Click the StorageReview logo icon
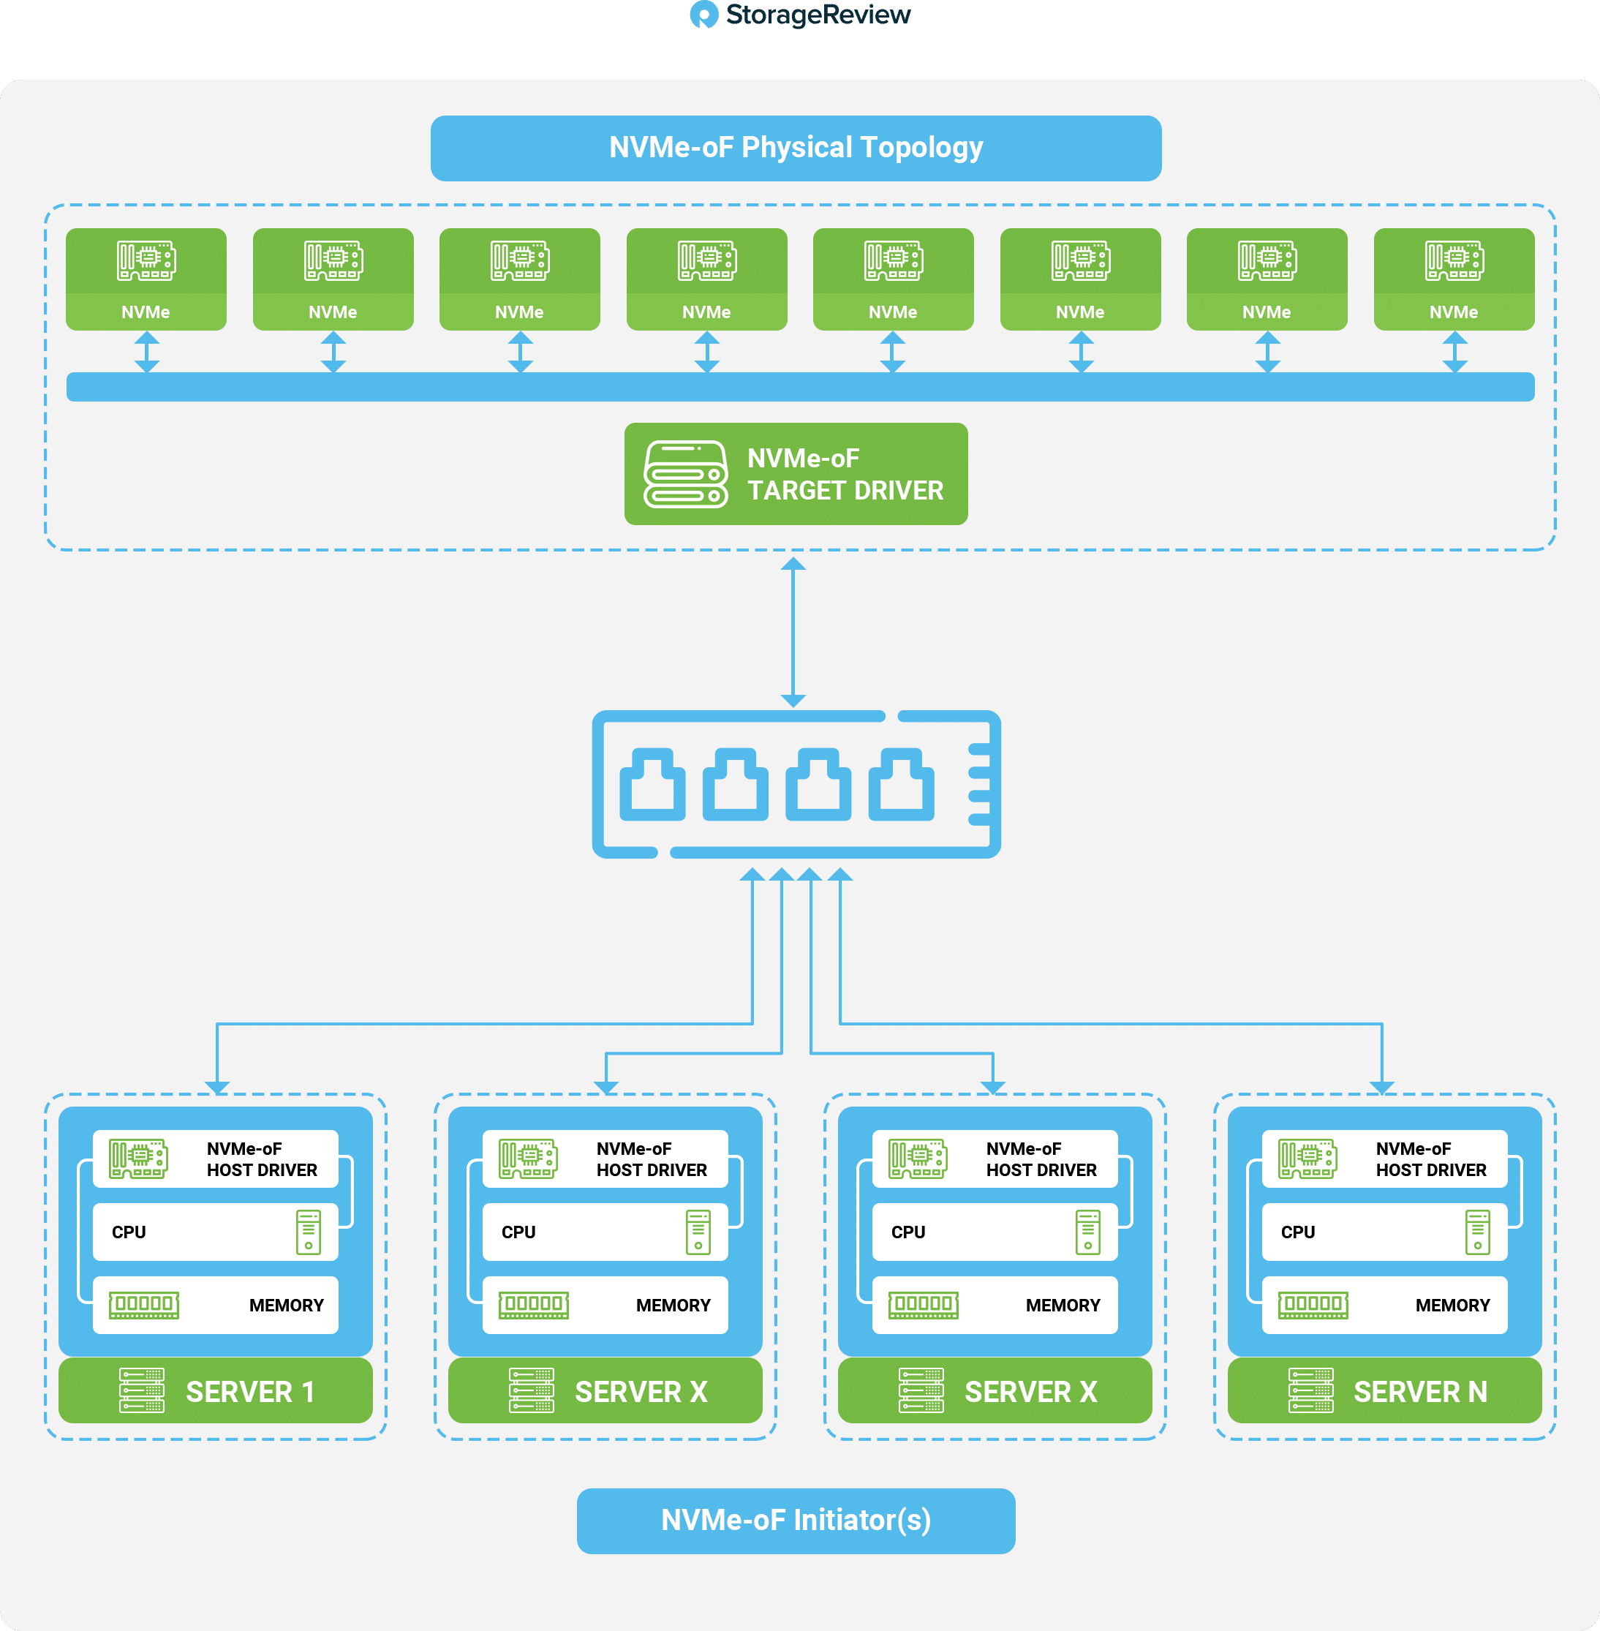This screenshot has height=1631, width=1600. (x=703, y=15)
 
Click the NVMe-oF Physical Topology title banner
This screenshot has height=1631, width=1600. (x=796, y=148)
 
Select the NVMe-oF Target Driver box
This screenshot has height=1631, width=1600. (x=796, y=474)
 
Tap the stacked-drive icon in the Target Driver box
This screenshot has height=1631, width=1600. (x=686, y=475)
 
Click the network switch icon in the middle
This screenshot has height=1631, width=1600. (x=796, y=784)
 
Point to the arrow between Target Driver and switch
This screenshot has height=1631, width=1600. (x=793, y=632)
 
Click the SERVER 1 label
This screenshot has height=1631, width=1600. (x=250, y=1392)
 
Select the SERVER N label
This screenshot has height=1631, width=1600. (x=1420, y=1392)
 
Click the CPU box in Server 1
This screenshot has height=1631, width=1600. (x=215, y=1232)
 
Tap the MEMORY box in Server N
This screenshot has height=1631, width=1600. (x=1384, y=1305)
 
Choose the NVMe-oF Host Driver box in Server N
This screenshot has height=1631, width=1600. (x=1384, y=1159)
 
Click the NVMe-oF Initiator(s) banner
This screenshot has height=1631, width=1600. (x=796, y=1521)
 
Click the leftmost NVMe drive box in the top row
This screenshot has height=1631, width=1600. (x=146, y=279)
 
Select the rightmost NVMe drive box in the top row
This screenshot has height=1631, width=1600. (x=1454, y=279)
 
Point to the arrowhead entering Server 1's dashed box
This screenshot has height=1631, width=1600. (x=216, y=1088)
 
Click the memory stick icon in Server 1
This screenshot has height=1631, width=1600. (x=144, y=1305)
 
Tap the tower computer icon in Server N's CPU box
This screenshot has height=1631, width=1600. (x=1477, y=1232)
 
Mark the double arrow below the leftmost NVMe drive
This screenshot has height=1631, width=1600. (x=147, y=351)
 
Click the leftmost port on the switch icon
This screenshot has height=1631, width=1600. (x=652, y=785)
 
